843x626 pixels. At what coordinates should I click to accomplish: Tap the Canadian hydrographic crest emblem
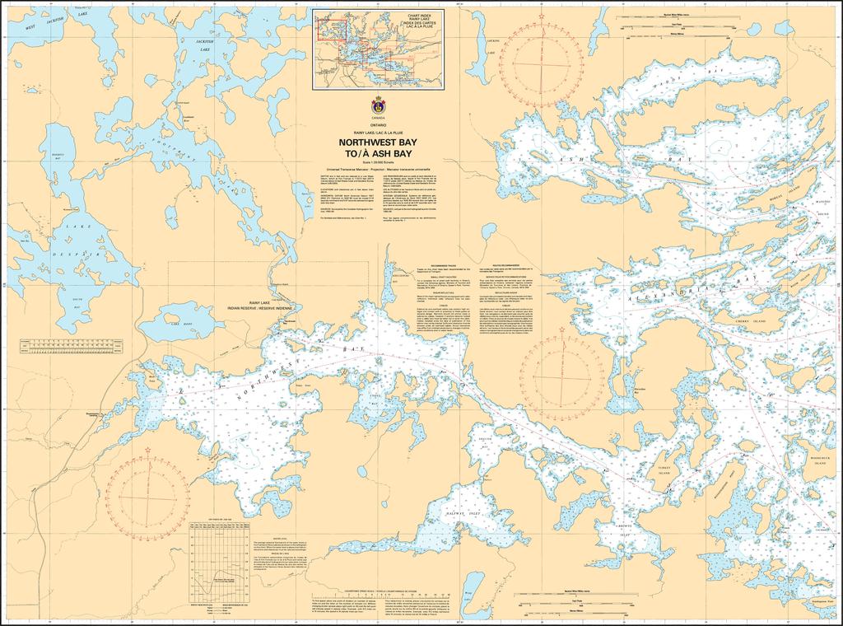(378, 106)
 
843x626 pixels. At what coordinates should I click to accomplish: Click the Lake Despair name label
(75, 239)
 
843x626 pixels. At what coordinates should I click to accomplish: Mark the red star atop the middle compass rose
(562, 330)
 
